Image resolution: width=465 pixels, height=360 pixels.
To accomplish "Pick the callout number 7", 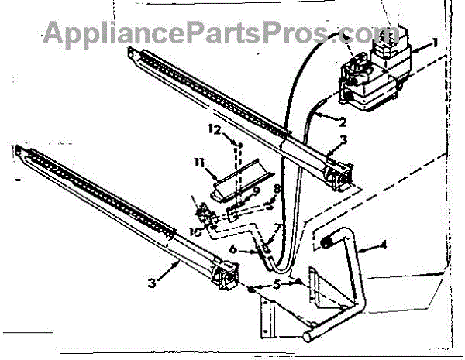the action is (276, 226).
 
